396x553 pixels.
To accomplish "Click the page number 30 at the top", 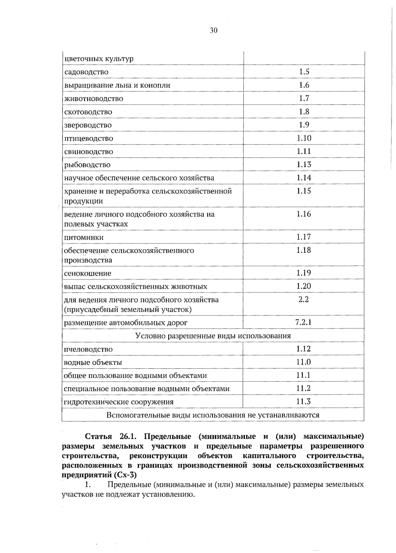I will tap(214, 31).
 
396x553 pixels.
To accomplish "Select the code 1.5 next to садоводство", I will tap(304, 72).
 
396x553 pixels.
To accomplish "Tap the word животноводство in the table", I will tap(94, 99).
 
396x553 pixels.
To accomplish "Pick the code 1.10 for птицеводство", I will tap(304, 138).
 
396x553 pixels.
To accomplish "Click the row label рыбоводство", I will tap(87, 165).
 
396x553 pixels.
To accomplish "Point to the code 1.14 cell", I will tap(304, 178).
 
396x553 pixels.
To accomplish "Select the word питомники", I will tap(83, 237).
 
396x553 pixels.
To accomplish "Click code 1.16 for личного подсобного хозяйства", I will tap(304, 214).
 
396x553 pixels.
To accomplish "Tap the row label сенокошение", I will tap(87, 273).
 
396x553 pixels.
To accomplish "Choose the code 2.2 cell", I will tap(304, 299).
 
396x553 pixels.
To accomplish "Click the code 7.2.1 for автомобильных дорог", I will tap(304, 322).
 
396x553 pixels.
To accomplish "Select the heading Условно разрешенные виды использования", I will tap(213, 336).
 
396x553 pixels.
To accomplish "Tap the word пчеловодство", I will tap(88, 349).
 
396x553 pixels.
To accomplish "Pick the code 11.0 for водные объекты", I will tap(304, 362).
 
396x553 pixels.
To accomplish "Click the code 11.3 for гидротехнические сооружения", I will tap(304, 402).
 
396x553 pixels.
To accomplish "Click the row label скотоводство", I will tap(88, 112).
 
